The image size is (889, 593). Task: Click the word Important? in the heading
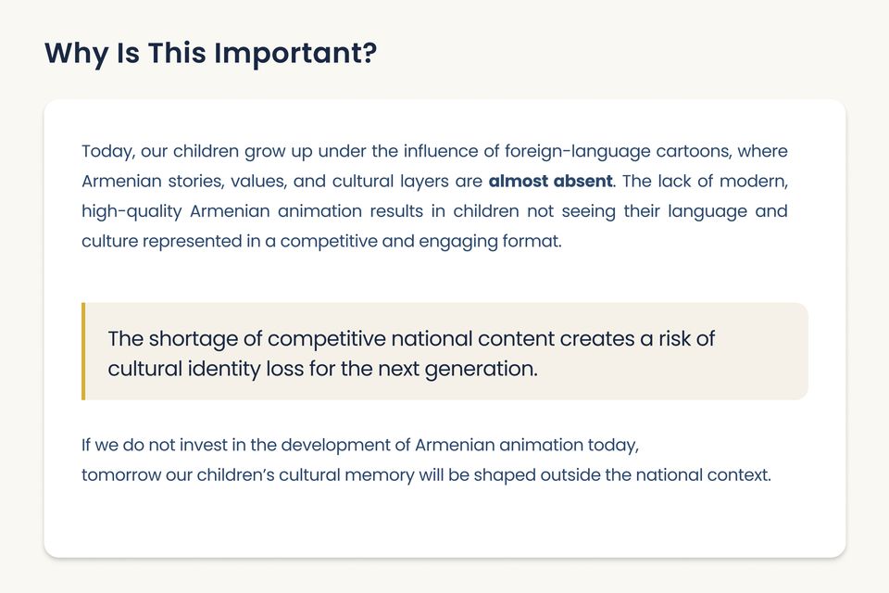[x=295, y=54]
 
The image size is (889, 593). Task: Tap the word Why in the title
[x=77, y=54]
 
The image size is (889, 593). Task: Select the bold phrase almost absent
[x=550, y=181]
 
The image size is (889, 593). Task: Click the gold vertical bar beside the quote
[x=83, y=351]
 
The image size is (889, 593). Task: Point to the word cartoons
[x=693, y=152]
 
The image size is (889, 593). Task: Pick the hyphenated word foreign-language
[x=578, y=152]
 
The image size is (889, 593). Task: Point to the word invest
[x=203, y=445]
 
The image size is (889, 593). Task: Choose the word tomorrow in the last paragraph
[x=121, y=475]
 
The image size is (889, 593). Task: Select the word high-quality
[x=131, y=211]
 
